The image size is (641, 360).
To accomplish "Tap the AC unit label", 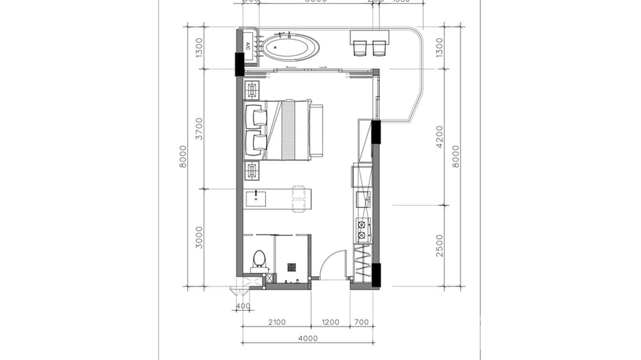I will click(247, 46).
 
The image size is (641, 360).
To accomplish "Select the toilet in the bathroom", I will click(258, 260).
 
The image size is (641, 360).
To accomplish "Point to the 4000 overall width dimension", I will click(308, 339).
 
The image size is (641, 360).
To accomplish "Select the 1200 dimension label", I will click(330, 322).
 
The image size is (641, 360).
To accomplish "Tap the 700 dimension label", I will click(362, 322).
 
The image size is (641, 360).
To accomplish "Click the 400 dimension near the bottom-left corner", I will click(243, 306).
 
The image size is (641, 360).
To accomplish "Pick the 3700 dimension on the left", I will click(199, 128).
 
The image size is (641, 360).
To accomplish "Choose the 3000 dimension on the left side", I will click(199, 237).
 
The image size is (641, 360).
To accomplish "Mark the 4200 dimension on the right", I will click(439, 137).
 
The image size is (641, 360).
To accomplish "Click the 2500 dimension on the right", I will click(439, 245).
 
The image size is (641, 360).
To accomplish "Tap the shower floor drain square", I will click(291, 267).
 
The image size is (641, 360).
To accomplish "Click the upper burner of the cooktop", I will click(362, 224).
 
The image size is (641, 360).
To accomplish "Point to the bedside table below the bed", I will click(252, 170).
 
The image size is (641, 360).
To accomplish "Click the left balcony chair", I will click(360, 48).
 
